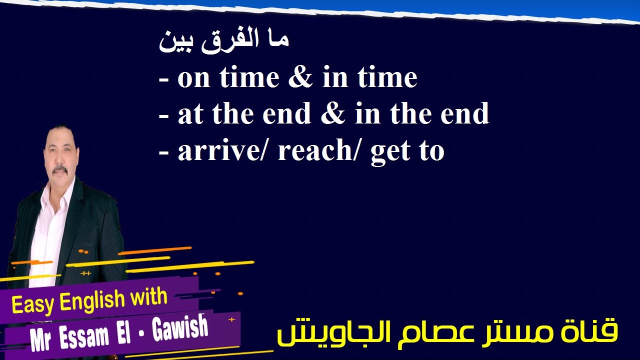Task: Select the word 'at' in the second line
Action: click(190, 114)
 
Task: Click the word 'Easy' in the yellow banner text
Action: click(32, 304)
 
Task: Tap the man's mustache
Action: click(59, 169)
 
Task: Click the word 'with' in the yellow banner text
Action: click(148, 297)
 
